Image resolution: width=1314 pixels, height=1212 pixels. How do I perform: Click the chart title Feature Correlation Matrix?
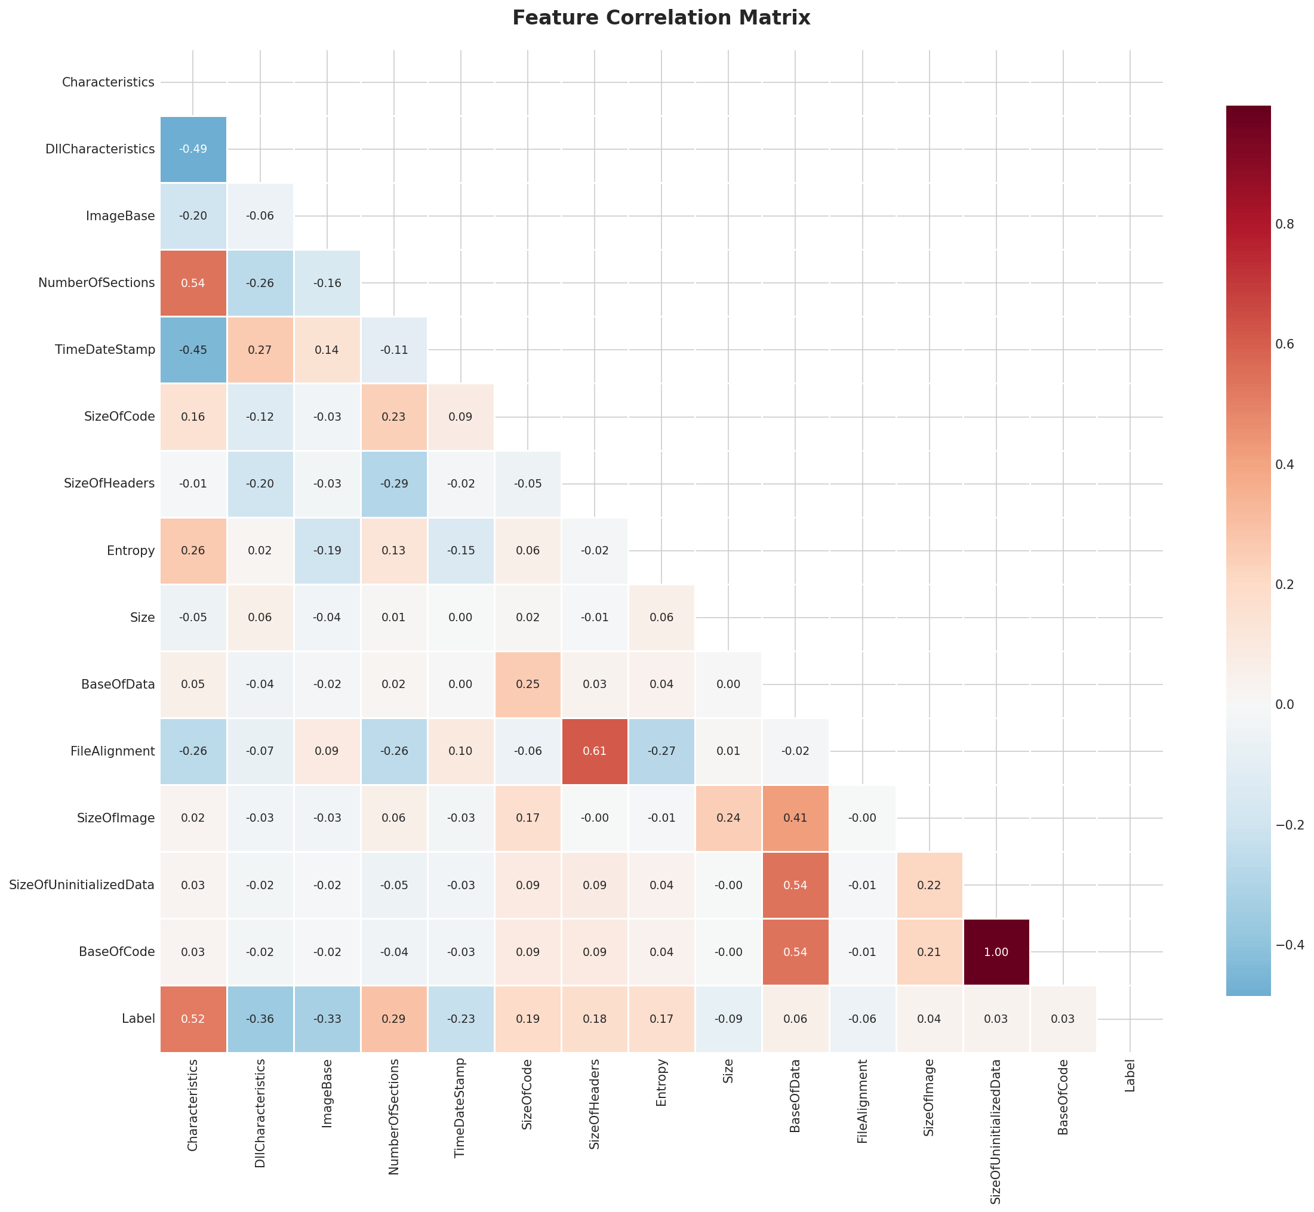(x=661, y=18)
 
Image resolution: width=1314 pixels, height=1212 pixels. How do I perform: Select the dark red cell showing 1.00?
(x=996, y=952)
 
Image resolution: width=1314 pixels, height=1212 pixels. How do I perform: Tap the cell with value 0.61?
(x=595, y=751)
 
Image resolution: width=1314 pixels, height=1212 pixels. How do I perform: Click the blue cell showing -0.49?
(x=193, y=149)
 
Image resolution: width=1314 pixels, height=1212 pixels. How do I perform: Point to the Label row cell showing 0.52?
(x=193, y=1019)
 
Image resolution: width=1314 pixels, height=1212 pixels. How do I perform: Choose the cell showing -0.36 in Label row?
(x=260, y=1019)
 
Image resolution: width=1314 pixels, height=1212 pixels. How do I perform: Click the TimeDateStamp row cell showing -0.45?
(x=193, y=350)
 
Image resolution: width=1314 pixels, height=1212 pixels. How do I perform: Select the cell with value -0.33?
(x=327, y=1019)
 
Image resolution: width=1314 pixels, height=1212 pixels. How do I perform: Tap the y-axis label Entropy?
(x=131, y=550)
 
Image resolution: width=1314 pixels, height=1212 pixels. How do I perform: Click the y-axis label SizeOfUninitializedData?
(x=82, y=885)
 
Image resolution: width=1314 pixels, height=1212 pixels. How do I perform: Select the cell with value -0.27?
(x=661, y=751)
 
